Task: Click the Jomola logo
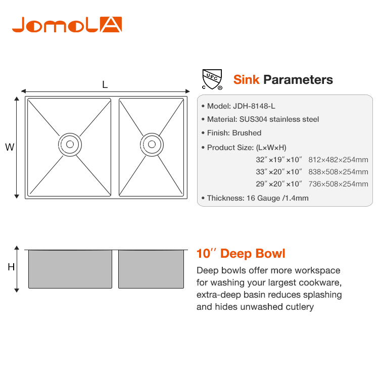click(67, 24)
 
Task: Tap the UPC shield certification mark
click(212, 79)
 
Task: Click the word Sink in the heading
click(246, 79)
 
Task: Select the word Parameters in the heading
click(298, 79)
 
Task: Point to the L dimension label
click(105, 84)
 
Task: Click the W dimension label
click(10, 147)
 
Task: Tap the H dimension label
click(11, 267)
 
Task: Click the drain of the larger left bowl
click(70, 145)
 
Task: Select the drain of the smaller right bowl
click(152, 145)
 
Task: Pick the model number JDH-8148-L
click(254, 106)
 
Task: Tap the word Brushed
click(247, 133)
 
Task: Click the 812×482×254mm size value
click(338, 160)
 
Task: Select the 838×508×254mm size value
click(338, 172)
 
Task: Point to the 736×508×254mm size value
click(338, 184)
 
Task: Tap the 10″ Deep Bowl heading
click(241, 254)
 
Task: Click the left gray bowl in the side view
click(70, 269)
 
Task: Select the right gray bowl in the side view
click(151, 269)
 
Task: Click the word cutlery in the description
click(300, 307)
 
